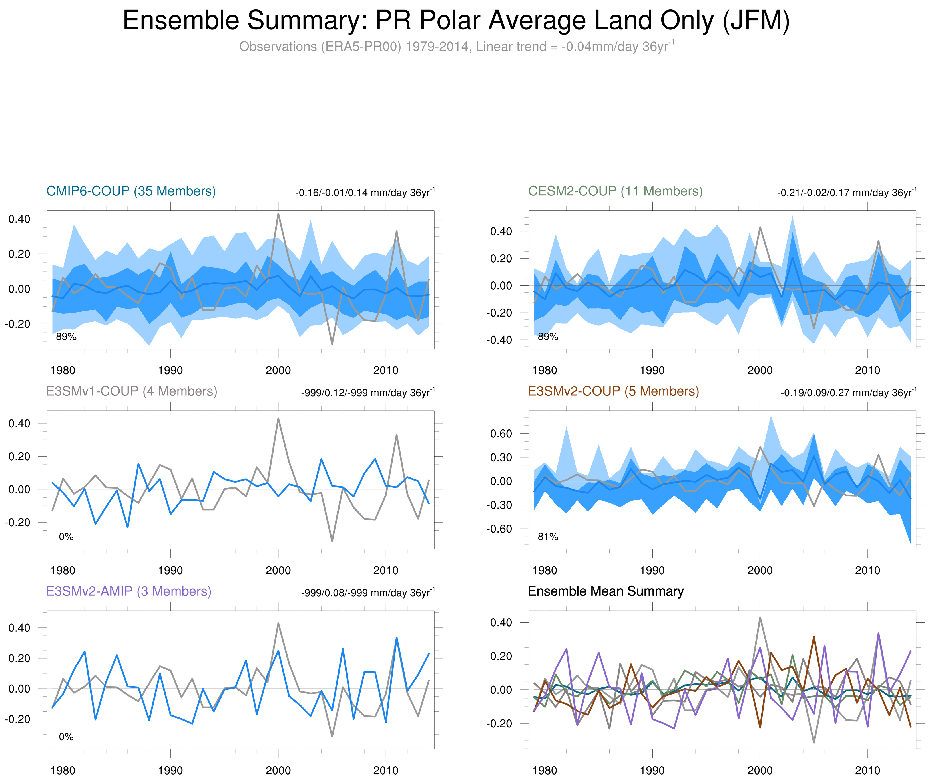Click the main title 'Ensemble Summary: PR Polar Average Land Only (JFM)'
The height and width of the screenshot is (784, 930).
pos(456,21)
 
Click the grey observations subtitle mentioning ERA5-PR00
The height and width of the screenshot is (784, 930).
pos(456,47)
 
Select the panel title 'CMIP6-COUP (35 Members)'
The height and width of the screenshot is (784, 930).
pos(131,191)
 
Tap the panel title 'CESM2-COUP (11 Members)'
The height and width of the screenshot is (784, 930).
pos(615,191)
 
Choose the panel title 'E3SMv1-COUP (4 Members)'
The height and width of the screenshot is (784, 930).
pos(131,391)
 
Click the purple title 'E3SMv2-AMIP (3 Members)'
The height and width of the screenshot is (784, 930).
pos(129,591)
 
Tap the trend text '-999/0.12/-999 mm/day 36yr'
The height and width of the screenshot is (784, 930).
pos(367,393)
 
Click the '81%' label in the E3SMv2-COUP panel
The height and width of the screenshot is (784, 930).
pos(548,537)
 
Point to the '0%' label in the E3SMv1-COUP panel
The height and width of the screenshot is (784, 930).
pos(66,537)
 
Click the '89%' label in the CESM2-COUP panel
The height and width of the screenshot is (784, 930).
pos(548,337)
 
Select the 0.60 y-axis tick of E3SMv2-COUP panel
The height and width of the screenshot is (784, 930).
pos(501,434)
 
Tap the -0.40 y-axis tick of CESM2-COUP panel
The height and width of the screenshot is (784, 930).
pos(499,340)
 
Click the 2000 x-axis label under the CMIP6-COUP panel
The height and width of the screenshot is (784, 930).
pos(278,370)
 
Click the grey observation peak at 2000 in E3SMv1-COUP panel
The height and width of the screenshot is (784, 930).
pos(278,418)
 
